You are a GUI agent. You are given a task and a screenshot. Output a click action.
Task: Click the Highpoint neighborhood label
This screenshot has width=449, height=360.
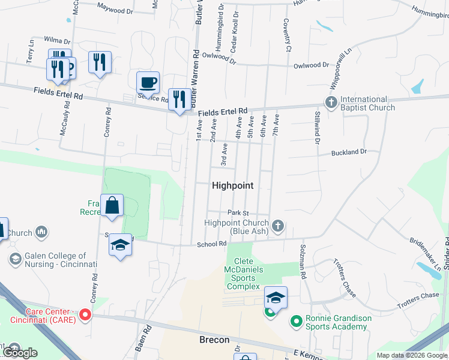pyautogui.click(x=233, y=186)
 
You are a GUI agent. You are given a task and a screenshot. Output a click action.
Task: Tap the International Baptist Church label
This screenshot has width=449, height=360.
pyautogui.click(x=367, y=103)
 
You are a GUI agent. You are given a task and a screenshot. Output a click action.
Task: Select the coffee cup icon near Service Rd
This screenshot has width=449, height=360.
pyautogui.click(x=148, y=82)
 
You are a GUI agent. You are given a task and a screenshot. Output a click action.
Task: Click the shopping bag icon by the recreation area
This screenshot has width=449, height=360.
pyautogui.click(x=112, y=206)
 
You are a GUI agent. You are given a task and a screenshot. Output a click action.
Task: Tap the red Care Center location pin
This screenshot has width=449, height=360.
pyautogui.click(x=85, y=314)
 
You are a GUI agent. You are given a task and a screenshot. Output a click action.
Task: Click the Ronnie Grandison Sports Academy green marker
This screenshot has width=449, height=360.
pyautogui.click(x=295, y=322)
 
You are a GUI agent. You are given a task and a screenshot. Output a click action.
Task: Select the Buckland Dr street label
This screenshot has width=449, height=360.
pyautogui.click(x=349, y=152)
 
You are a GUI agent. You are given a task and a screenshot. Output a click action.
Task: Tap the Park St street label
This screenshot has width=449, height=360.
pyautogui.click(x=238, y=213)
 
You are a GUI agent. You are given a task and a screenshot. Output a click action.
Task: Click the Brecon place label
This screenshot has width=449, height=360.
pyautogui.click(x=214, y=340)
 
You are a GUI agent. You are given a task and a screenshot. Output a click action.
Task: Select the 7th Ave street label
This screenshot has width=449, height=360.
pyautogui.click(x=276, y=124)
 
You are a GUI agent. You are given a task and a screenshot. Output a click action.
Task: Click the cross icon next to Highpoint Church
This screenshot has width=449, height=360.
pyautogui.click(x=277, y=226)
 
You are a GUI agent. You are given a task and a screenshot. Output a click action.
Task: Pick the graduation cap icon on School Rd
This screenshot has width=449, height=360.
pyautogui.click(x=121, y=245)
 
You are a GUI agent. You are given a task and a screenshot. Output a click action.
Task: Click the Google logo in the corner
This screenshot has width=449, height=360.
pyautogui.click(x=20, y=353)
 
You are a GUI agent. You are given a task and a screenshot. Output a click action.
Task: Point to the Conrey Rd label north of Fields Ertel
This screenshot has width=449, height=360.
pyautogui.click(x=108, y=123)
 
